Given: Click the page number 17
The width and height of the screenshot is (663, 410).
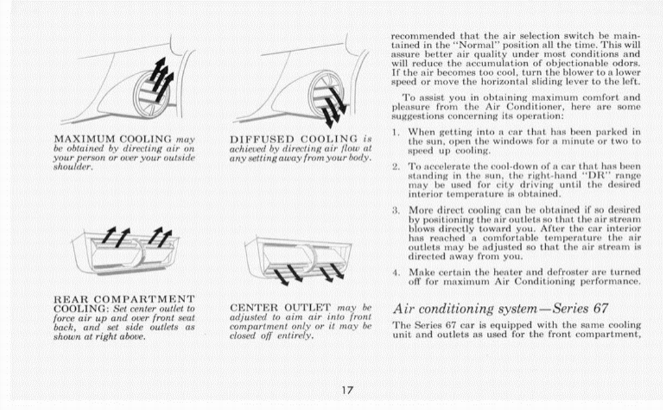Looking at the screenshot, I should click(347, 389).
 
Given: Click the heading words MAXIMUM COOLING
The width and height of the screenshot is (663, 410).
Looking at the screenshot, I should click(113, 139).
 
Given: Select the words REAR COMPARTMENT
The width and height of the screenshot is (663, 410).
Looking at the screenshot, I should click(124, 299).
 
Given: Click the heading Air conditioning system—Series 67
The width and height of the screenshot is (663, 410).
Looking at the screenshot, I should click(500, 308).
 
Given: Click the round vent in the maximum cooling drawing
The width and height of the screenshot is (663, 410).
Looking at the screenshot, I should click(152, 94).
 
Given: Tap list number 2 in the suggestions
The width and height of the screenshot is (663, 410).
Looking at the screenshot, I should click(396, 166).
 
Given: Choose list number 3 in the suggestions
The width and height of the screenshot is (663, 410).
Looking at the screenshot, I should click(396, 210).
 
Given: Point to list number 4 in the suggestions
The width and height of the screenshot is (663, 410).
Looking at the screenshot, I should click(396, 272).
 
